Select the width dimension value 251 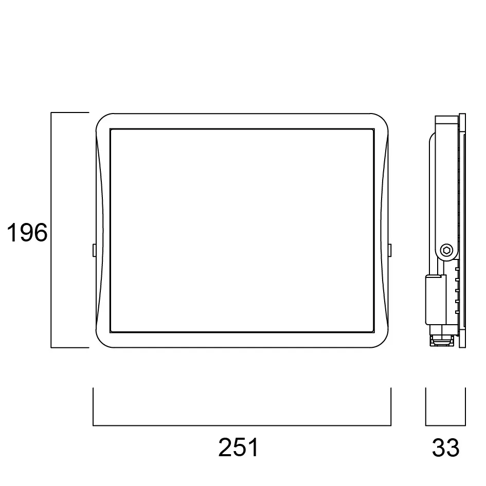click(x=239, y=448)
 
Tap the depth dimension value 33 click(x=445, y=448)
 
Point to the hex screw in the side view click(x=447, y=251)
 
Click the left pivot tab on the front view click(x=93, y=250)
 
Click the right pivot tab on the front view click(x=389, y=250)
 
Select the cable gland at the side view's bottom click(x=440, y=340)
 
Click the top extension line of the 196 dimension click(x=70, y=112)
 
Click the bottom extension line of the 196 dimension click(x=70, y=348)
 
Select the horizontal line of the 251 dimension click(x=242, y=425)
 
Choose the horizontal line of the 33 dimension click(x=445, y=425)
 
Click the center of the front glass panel click(x=242, y=230)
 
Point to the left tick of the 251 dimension click(x=93, y=406)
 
